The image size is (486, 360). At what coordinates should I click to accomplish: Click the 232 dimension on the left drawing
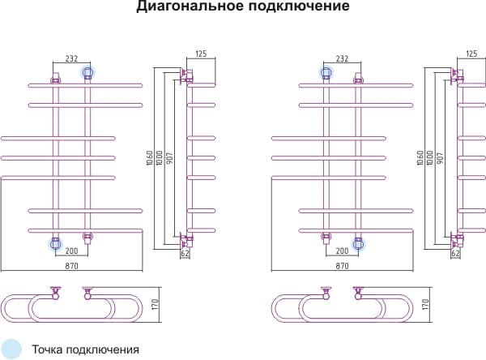click(71, 58)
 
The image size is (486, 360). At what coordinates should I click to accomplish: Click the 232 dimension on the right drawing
click(342, 58)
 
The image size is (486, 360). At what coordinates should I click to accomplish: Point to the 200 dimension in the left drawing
click(71, 251)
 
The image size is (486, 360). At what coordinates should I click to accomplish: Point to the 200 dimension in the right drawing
click(342, 251)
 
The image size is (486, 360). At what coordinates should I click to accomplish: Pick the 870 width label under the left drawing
click(71, 266)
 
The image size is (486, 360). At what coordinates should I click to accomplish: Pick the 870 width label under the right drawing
click(342, 266)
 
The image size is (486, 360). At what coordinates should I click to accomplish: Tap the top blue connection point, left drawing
click(87, 73)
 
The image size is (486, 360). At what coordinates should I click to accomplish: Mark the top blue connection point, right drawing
click(326, 73)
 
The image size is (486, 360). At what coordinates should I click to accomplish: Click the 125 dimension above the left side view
click(202, 54)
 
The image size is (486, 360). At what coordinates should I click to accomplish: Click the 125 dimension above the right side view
click(472, 54)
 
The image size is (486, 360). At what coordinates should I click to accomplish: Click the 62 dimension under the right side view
click(455, 254)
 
